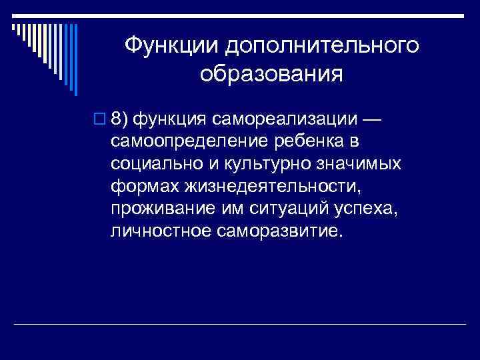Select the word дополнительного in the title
[x=323, y=45]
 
